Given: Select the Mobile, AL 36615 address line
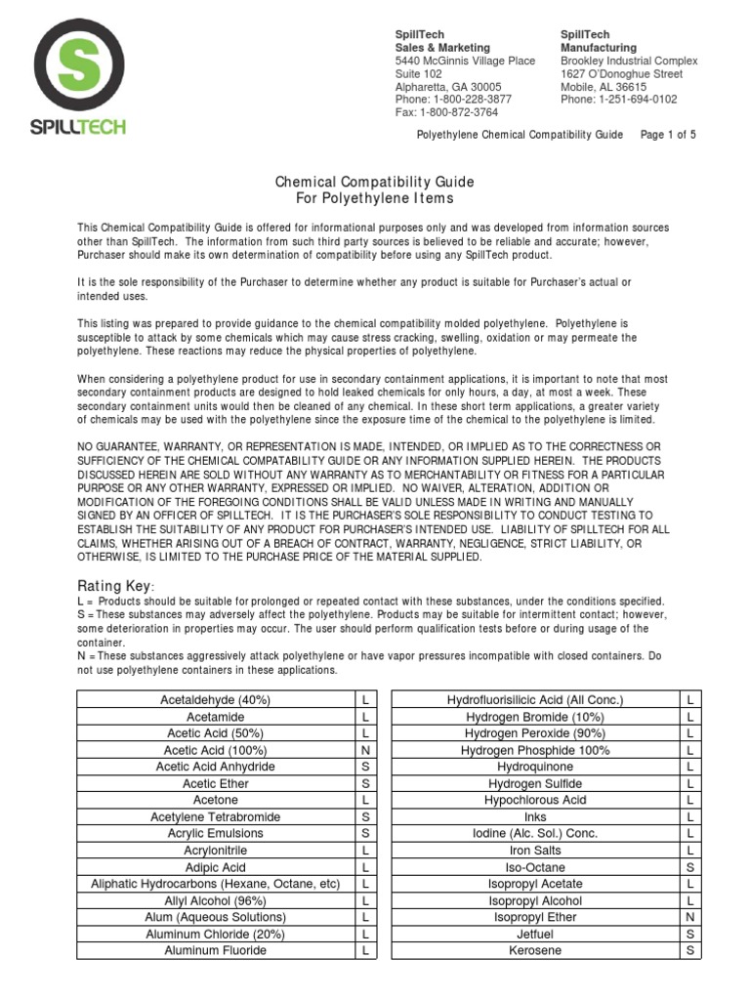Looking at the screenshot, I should (x=603, y=87).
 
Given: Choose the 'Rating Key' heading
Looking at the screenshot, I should (x=115, y=585).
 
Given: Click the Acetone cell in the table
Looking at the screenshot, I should (x=215, y=800).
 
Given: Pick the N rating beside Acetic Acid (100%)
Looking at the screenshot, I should (x=364, y=750).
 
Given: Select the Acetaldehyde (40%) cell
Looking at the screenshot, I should (x=215, y=700).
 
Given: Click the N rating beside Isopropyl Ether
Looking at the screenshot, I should (x=689, y=917).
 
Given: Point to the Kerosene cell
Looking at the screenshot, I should (x=535, y=950).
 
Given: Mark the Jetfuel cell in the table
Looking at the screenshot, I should (x=535, y=934).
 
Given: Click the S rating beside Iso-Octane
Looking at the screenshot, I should (x=689, y=867).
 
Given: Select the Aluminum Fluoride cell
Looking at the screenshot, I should (x=215, y=950).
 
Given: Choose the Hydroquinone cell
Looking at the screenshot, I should (x=535, y=767).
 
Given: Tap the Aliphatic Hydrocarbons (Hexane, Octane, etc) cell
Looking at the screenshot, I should (x=215, y=884).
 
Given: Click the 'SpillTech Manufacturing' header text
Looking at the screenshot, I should (x=598, y=41).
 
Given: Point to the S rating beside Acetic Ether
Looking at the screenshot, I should (x=364, y=783).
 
